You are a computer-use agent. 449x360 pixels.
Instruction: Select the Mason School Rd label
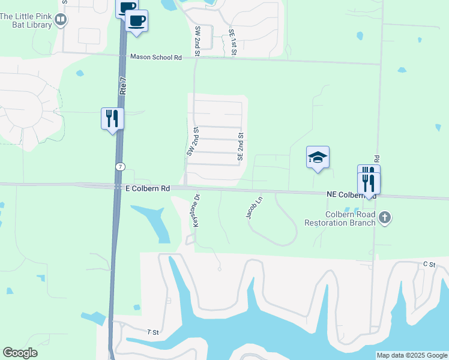pos(156,58)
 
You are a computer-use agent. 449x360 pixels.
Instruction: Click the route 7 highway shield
pos(121,165)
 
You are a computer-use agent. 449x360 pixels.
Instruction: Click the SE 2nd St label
pos(240,146)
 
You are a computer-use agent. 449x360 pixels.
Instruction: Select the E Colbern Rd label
pos(147,188)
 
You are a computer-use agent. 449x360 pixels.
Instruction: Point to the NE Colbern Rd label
pos(351,194)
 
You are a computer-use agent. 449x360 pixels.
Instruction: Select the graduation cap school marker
pos(318,158)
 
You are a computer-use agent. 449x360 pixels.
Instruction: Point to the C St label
pos(429,264)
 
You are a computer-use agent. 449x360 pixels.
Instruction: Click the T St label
pos(152,332)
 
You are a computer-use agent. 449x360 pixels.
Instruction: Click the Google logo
pos(20,353)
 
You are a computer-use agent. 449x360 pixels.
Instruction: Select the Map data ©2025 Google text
pos(412,355)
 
